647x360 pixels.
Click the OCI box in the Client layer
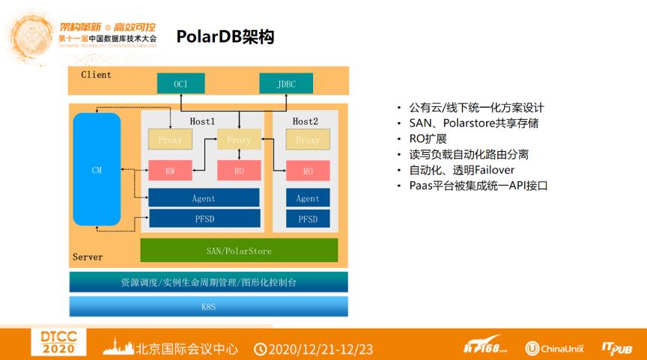click(x=180, y=84)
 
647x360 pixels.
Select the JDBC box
click(x=285, y=84)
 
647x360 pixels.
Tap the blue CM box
click(x=97, y=170)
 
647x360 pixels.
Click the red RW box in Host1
click(x=170, y=171)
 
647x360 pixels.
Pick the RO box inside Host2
click(x=308, y=171)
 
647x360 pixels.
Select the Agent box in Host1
click(x=204, y=198)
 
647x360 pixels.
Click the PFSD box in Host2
click(x=308, y=219)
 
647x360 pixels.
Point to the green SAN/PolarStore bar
click(x=239, y=250)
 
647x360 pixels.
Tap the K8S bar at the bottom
click(x=209, y=306)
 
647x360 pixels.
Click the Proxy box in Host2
click(x=308, y=140)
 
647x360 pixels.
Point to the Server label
click(x=88, y=257)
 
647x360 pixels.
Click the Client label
click(x=96, y=75)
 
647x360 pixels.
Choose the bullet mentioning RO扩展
click(x=428, y=138)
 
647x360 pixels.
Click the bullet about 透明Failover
click(x=461, y=170)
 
